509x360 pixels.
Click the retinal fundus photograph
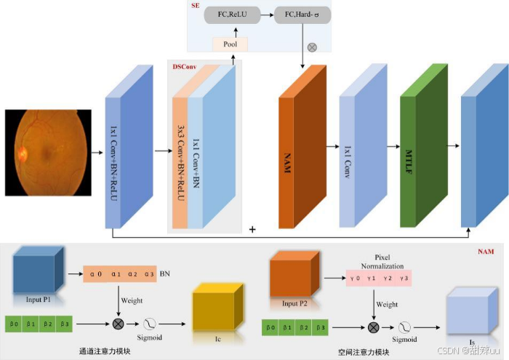pos(48,153)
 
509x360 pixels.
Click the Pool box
pos(231,44)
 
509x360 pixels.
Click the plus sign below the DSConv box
pos(252,230)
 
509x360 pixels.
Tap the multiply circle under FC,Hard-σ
pos(313,47)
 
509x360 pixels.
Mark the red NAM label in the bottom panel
pos(485,252)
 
